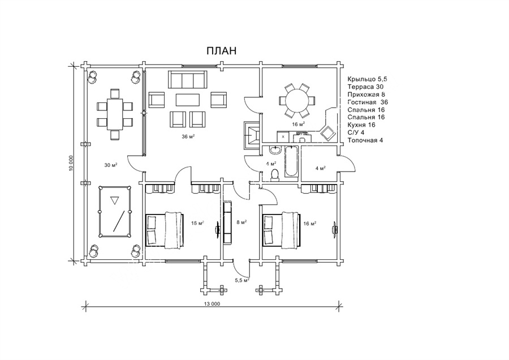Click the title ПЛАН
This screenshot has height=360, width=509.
[x=221, y=51]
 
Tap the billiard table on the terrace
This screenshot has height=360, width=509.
[x=115, y=212]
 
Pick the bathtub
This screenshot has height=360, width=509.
[x=291, y=161]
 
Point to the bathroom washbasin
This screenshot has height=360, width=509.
[x=275, y=151]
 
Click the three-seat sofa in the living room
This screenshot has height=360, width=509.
[x=187, y=79]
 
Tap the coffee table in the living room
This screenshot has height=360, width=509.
[x=188, y=100]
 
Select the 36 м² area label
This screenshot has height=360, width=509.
[x=188, y=136]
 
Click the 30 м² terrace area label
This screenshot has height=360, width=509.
[x=111, y=165]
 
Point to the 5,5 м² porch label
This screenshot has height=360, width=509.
[x=242, y=280]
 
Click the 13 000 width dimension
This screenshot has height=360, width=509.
[x=212, y=304]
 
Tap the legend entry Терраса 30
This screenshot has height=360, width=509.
[x=365, y=87]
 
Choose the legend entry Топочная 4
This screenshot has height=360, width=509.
[x=365, y=140]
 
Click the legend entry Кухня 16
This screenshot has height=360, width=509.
[x=361, y=125]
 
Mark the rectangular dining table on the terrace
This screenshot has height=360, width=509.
[x=115, y=114]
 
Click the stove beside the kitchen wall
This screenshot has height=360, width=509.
[x=252, y=135]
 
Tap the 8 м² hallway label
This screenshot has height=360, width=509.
[x=241, y=222]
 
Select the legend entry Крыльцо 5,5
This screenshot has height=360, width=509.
[x=368, y=79]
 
